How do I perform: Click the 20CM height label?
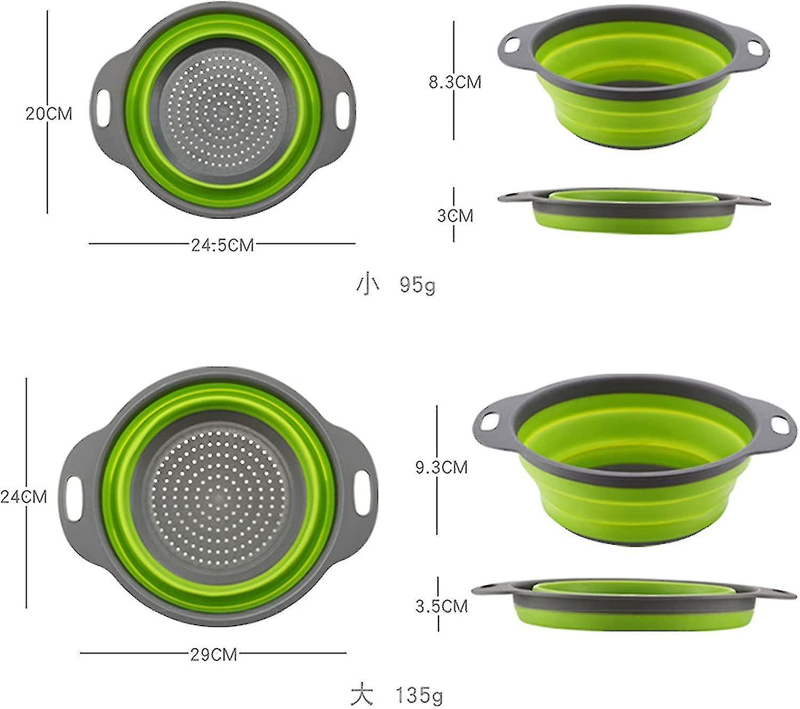pyautogui.click(x=49, y=114)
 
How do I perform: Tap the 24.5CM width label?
pyautogui.click(x=222, y=245)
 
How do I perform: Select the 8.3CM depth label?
pyautogui.click(x=455, y=82)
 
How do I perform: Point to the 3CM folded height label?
pyautogui.click(x=455, y=216)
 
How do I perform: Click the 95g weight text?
pyautogui.click(x=417, y=285)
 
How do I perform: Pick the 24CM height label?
pyautogui.click(x=24, y=497)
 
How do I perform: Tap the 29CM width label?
pyautogui.click(x=213, y=654)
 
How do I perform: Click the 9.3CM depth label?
pyautogui.click(x=441, y=467)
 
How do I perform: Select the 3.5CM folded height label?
pyautogui.click(x=441, y=606)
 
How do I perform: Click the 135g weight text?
pyautogui.click(x=419, y=695)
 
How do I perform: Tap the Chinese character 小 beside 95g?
pyautogui.click(x=367, y=284)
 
